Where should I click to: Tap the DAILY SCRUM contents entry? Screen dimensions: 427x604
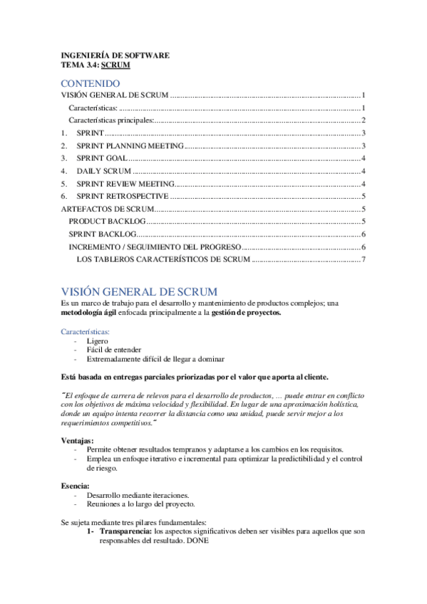(x=104, y=171)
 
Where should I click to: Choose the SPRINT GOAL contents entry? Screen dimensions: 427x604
(x=102, y=158)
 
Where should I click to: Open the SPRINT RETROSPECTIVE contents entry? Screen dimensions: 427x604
(x=123, y=196)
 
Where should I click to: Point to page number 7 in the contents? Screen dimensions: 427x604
(x=364, y=259)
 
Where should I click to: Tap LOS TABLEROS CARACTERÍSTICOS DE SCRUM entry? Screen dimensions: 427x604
(x=163, y=259)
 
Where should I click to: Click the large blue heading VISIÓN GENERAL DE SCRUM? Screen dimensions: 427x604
(x=139, y=292)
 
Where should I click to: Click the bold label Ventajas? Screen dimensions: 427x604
(x=78, y=440)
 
